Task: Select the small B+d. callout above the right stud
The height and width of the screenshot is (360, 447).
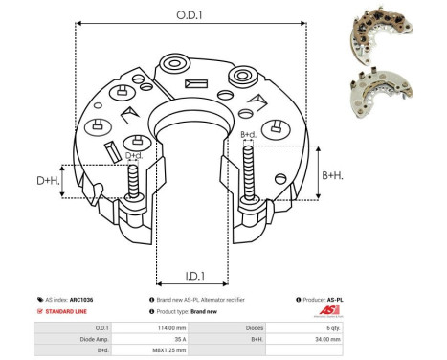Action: pos(248,135)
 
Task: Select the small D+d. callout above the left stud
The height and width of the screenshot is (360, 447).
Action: pos(135,154)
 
